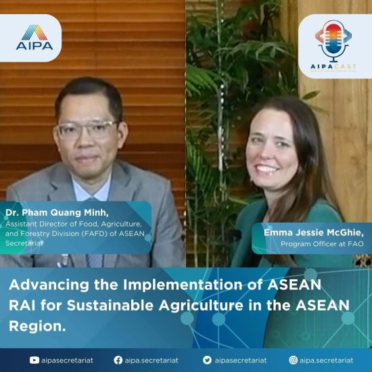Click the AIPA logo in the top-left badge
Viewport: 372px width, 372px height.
click(x=34, y=37)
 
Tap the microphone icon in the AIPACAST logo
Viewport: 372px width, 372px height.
click(x=333, y=41)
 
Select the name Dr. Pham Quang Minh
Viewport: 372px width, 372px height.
click(x=57, y=212)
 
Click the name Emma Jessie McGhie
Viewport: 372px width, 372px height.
click(x=314, y=233)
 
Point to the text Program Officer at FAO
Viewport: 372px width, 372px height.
click(x=322, y=244)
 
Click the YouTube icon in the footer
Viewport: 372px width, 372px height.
click(x=34, y=361)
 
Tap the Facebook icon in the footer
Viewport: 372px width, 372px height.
click(x=118, y=360)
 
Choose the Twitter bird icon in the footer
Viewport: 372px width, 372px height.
click(x=207, y=360)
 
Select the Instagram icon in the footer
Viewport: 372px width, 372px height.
click(x=294, y=360)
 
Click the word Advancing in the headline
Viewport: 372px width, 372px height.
click(x=49, y=285)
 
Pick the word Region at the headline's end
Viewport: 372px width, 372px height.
click(x=37, y=326)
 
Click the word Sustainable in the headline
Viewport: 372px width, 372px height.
click(x=110, y=305)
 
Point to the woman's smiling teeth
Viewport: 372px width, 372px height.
click(x=268, y=168)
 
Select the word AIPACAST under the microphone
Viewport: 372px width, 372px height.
click(x=333, y=66)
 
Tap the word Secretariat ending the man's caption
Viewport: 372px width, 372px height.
click(x=24, y=243)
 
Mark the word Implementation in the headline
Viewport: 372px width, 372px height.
click(x=183, y=285)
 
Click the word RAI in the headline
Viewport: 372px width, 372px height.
click(x=22, y=305)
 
